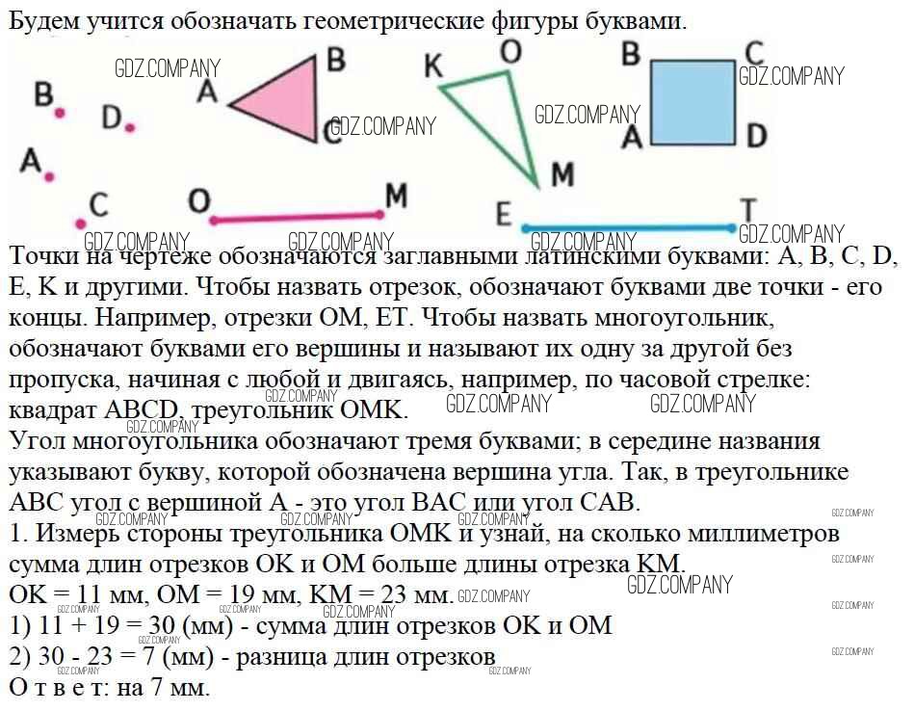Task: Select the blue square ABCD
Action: tap(692, 103)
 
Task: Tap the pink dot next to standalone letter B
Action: tap(60, 113)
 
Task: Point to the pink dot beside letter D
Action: tap(129, 127)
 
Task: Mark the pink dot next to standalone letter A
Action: tap(49, 176)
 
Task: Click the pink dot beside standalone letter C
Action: tap(81, 224)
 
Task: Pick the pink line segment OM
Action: tap(297, 218)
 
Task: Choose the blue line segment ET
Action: tap(628, 228)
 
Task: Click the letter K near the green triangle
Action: tap(433, 66)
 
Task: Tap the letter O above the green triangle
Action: tap(510, 52)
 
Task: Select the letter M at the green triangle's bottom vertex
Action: tap(562, 173)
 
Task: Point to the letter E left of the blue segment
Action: tap(504, 214)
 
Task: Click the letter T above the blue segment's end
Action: tap(748, 209)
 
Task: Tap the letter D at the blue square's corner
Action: tap(756, 135)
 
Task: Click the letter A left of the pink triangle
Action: tap(206, 92)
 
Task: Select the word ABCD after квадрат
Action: tap(141, 409)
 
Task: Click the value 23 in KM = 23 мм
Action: tap(394, 594)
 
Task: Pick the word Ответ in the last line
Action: tap(58, 687)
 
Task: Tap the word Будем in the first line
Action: tap(43, 21)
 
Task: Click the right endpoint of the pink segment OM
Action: tap(380, 215)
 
